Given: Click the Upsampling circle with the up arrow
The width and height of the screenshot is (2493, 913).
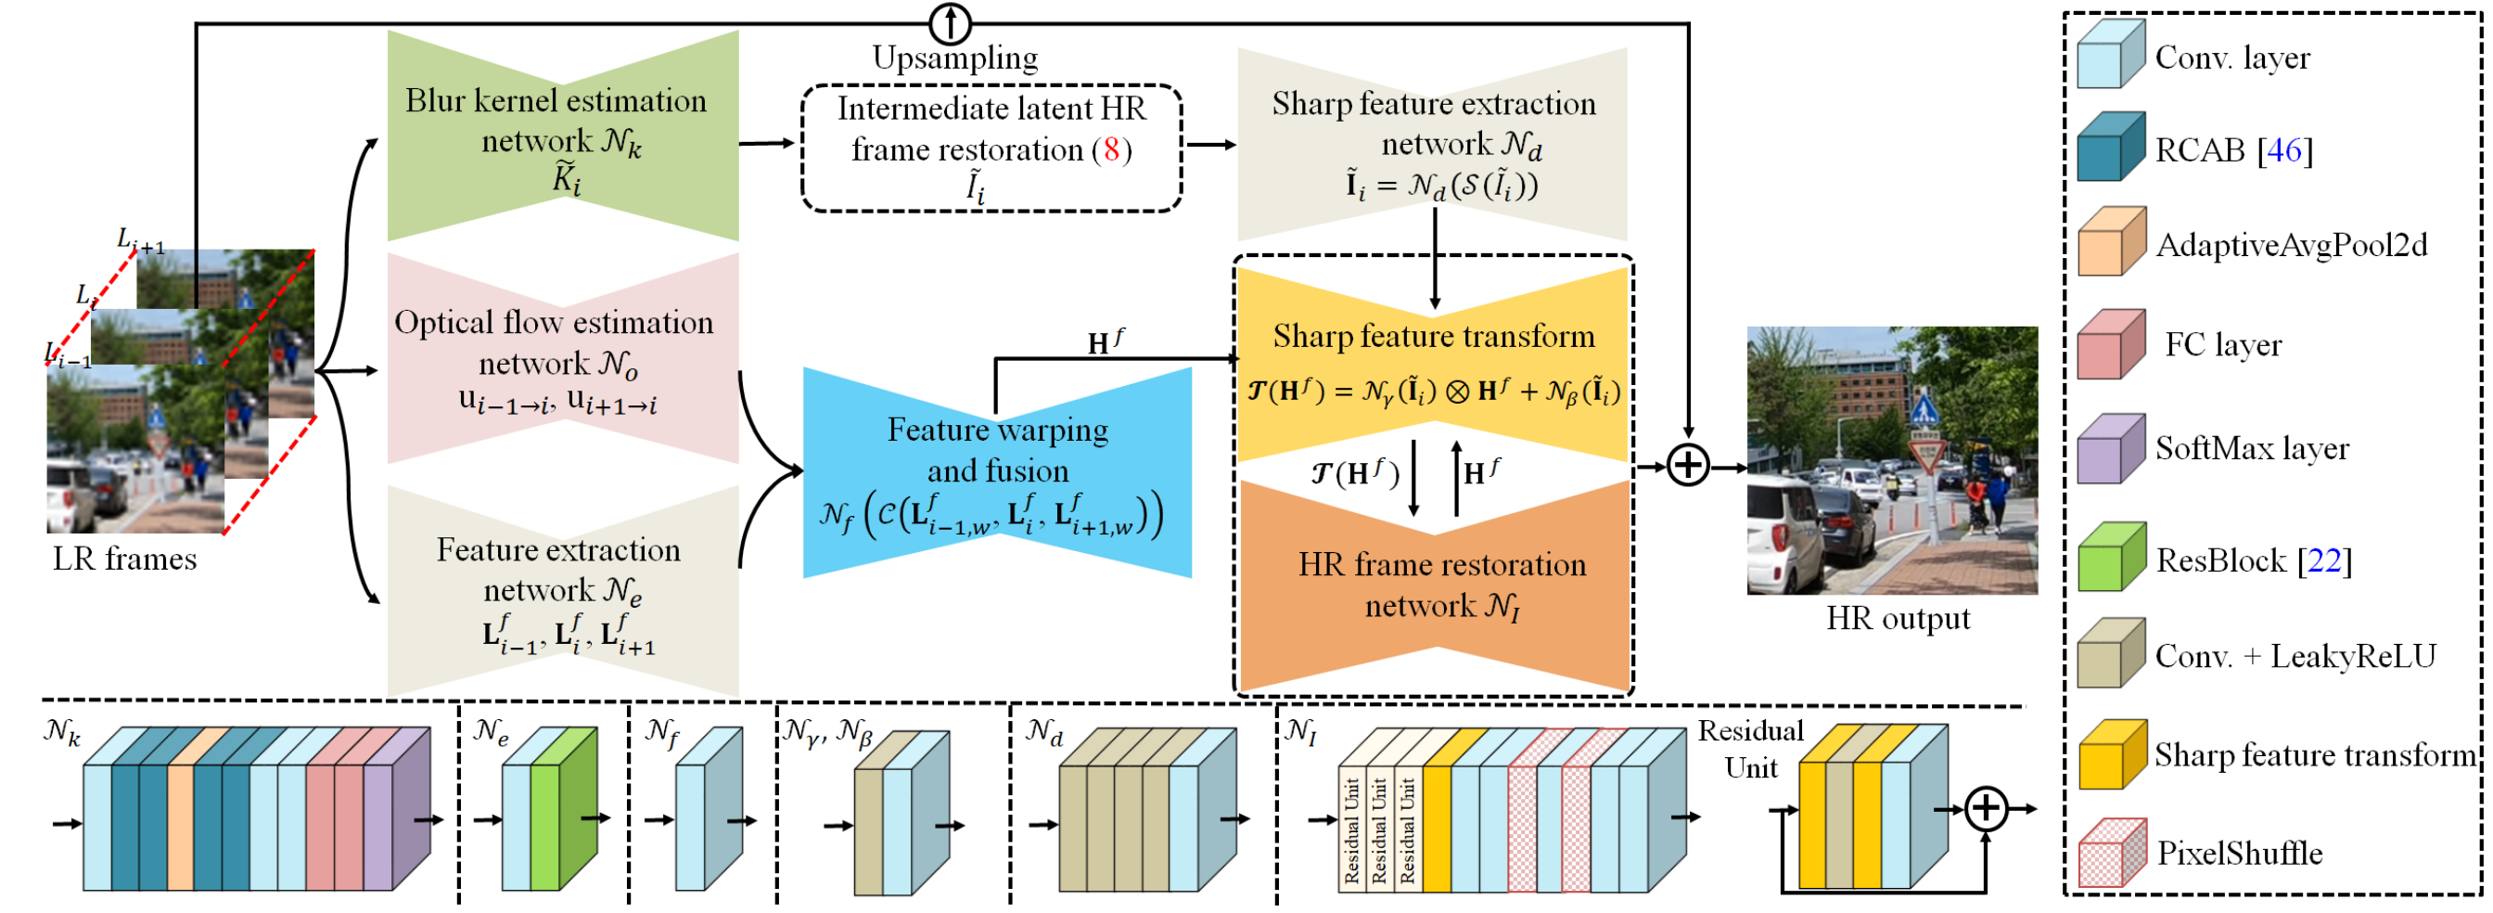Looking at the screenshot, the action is pos(951,23).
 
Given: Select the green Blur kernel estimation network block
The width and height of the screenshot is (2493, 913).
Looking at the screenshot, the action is pos(562,135).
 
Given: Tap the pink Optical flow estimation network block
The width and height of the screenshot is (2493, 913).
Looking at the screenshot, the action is pos(562,359).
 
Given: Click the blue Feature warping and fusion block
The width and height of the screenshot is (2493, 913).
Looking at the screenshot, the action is pos(997,473).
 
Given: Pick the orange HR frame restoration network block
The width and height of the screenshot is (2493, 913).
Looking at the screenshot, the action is pos(1435,585).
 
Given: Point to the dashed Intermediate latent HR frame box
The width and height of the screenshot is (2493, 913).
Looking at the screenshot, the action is pos(991,148).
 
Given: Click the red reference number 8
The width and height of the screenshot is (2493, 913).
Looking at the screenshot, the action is pos(1111,149).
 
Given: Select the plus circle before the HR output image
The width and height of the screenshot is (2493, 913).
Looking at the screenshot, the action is pos(1688,466).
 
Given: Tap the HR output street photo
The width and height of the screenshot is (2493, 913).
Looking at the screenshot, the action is pos(1892,460).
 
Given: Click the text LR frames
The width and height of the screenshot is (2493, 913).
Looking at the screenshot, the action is pos(125,559).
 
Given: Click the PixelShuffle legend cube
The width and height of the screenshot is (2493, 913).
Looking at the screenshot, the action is pos(2113,852).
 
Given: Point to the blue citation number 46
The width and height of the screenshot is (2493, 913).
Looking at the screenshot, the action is pos(2284,150).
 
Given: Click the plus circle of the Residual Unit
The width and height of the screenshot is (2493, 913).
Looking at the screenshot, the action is pos(1986,807).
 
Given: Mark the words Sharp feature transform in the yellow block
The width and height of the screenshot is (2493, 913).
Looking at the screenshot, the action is pos(1433,336).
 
